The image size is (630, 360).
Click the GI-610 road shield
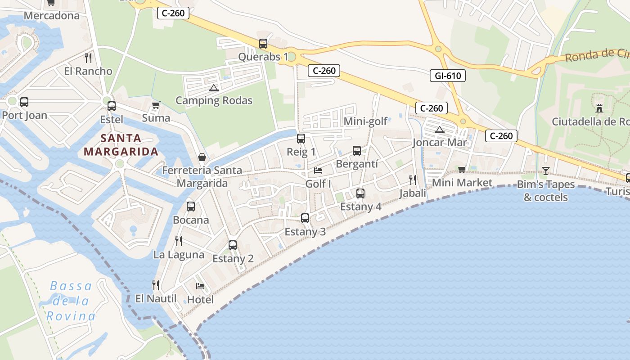coord(448,76)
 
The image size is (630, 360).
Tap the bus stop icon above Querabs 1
coord(263,44)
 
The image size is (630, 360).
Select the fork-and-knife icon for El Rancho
coord(88,58)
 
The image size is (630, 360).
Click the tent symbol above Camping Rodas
coord(213,87)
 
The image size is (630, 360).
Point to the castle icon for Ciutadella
coord(599,108)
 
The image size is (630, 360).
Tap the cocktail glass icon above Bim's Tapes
coord(546,171)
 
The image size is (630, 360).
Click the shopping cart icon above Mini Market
coord(462,170)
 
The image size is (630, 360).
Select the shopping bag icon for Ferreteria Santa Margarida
coord(202,157)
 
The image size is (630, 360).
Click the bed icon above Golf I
coord(318,171)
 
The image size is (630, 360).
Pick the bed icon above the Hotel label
coord(200,286)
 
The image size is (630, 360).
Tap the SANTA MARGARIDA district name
coord(121,145)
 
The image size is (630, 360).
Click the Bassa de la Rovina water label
coord(71,301)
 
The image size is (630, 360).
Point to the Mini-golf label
coord(365,121)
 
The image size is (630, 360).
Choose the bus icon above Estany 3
coord(305,218)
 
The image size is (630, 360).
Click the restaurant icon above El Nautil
coord(156,285)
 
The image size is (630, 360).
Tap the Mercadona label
coord(51,16)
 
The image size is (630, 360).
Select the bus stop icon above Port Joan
coord(24,102)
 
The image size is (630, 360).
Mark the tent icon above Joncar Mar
coord(440,130)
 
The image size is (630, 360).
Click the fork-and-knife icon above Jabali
coord(413,180)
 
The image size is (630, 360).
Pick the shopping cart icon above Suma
coord(156,105)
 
